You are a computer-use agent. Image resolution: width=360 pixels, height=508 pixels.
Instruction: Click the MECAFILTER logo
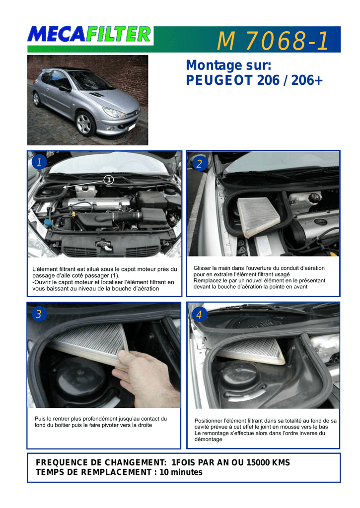click(x=89, y=34)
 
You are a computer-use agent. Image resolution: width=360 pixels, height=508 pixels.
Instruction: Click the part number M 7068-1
click(x=273, y=41)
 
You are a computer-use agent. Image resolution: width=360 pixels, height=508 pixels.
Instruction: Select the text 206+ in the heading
click(x=307, y=80)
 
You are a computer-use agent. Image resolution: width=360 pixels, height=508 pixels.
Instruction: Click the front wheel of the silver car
click(x=84, y=123)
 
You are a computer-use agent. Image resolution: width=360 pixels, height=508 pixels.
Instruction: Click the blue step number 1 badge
click(x=39, y=162)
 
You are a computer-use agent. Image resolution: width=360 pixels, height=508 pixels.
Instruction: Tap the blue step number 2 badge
click(x=199, y=163)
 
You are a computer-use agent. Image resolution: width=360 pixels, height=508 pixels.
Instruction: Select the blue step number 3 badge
click(x=39, y=314)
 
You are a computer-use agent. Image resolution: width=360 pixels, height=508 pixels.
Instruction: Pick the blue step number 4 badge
click(x=199, y=314)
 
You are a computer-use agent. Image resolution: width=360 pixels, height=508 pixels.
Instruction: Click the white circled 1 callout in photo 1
click(x=109, y=180)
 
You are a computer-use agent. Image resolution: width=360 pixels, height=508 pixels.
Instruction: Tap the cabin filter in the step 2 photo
click(x=258, y=216)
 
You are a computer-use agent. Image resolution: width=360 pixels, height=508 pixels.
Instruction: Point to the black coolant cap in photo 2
click(x=314, y=197)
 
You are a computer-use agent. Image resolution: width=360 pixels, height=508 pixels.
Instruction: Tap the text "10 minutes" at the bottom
click(x=181, y=472)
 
